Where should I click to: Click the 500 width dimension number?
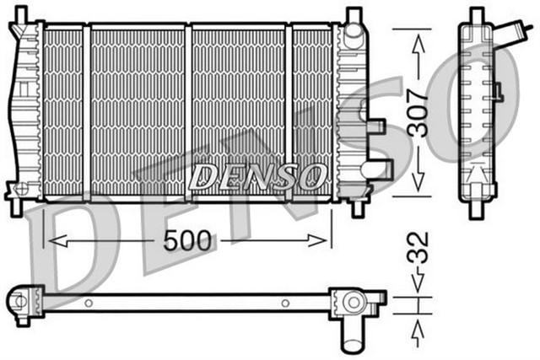[x=188, y=241]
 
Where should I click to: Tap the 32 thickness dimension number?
[x=422, y=250]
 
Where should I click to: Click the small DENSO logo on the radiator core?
[x=258, y=176]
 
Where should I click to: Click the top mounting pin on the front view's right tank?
[x=353, y=16]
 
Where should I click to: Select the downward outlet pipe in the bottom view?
[x=350, y=334]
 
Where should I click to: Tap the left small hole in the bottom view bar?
[x=89, y=302]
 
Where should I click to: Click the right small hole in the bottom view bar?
[x=285, y=302]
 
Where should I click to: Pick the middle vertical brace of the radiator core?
[x=188, y=111]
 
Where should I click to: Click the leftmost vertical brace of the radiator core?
[x=86, y=111]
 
